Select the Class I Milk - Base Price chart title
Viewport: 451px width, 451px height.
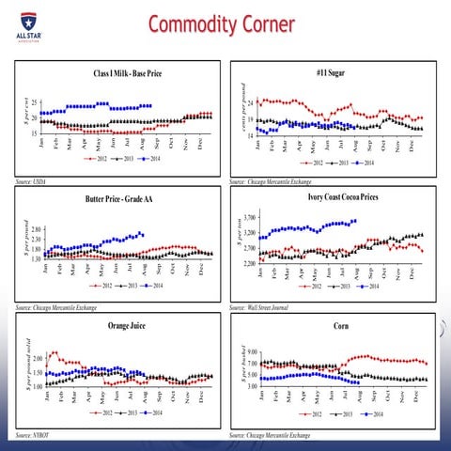click(120, 73)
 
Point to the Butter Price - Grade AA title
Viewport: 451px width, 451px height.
click(121, 199)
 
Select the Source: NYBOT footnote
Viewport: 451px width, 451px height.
click(33, 436)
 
